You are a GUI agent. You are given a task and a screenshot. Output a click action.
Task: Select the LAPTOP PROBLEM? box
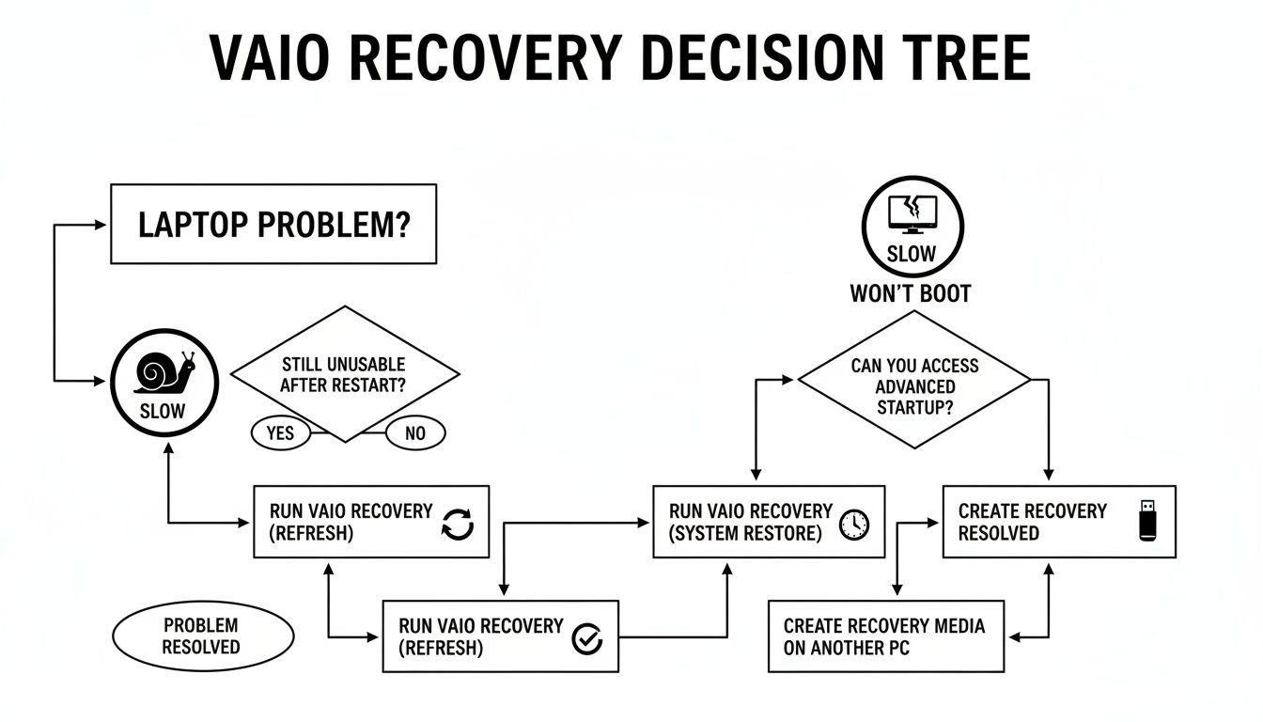(x=273, y=224)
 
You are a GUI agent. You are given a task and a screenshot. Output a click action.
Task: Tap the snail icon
(x=164, y=371)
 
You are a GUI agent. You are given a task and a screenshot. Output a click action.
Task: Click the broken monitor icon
(x=912, y=213)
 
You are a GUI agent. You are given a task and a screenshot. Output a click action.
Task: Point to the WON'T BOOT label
(x=910, y=293)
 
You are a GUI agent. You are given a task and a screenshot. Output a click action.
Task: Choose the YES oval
(x=281, y=432)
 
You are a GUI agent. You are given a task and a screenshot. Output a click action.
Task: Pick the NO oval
(x=415, y=432)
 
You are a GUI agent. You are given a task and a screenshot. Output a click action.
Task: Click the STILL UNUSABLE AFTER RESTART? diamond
(x=345, y=373)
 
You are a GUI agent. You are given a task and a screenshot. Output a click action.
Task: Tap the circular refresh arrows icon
(x=458, y=525)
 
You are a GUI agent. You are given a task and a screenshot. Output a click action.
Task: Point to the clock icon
(x=854, y=524)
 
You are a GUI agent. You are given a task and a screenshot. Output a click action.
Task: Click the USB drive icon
(x=1147, y=520)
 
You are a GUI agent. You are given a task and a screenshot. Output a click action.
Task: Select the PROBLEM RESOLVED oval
(x=201, y=636)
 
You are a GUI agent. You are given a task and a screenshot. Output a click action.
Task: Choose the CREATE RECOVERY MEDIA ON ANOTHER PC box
(x=885, y=636)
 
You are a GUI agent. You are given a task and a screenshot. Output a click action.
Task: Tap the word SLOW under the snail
(x=163, y=411)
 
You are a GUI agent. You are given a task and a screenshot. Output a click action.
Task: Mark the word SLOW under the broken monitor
(x=912, y=254)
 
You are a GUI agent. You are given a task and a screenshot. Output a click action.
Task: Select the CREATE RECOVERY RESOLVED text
(x=1032, y=522)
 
